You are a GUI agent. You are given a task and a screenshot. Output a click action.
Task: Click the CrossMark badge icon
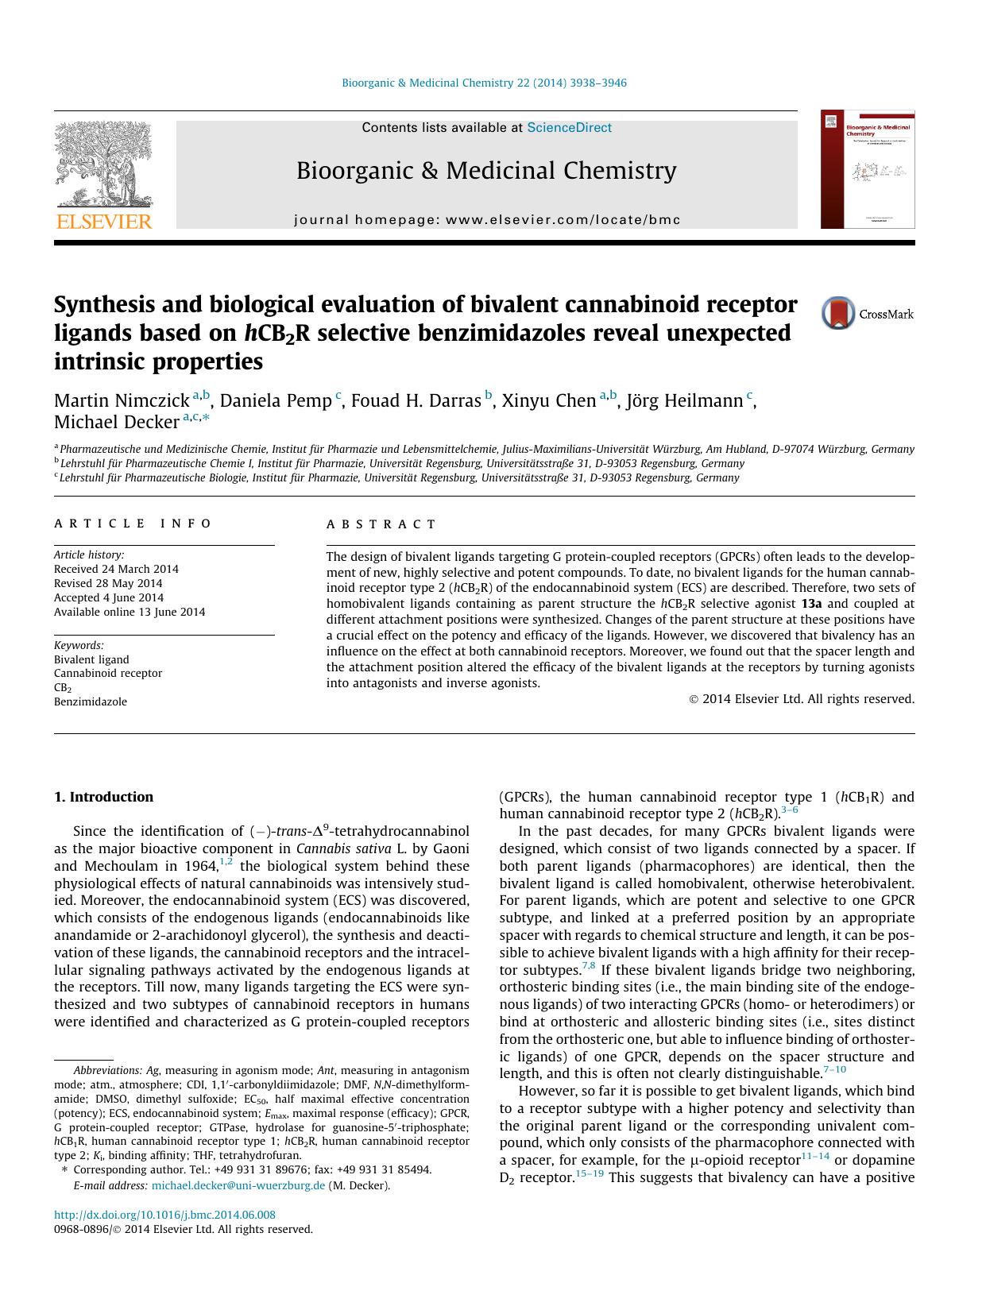pos(839,314)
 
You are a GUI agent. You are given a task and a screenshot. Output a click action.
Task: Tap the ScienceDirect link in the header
pos(569,127)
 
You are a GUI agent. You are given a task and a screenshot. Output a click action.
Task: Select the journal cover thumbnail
pos(868,169)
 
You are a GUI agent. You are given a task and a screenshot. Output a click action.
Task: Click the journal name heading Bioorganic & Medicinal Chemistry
pos(486,171)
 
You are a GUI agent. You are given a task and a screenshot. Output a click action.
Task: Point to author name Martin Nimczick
pos(122,400)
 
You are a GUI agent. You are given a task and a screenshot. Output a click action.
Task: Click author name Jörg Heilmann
pos(684,400)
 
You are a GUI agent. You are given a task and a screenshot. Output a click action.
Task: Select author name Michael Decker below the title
pos(116,422)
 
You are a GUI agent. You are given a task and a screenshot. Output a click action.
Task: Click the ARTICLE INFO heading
pos(133,524)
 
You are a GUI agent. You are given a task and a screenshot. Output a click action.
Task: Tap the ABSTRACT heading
pos(381,524)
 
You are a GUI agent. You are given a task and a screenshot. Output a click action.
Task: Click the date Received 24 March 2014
pos(116,569)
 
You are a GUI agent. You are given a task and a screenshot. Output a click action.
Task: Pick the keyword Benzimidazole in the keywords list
pos(91,701)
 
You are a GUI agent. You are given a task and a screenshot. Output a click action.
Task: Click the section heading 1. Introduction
pos(104,797)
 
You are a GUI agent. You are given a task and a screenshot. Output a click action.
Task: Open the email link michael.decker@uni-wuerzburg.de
pos(238,1185)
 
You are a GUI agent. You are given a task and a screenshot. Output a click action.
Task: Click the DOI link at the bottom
pos(164,1215)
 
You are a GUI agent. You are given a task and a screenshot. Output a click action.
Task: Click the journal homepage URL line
pos(486,220)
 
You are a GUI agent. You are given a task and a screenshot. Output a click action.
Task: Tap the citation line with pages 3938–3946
pos(484,83)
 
